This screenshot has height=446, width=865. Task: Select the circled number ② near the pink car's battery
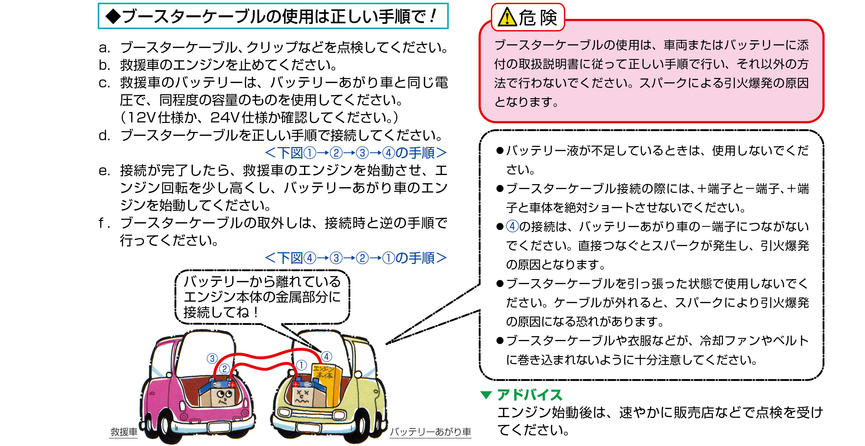coord(225,369)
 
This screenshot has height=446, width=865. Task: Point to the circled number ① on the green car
coord(301,365)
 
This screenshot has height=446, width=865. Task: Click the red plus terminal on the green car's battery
coord(295,384)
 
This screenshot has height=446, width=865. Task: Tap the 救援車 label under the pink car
coord(124,431)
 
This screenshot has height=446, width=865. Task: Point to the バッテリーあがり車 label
coord(431,431)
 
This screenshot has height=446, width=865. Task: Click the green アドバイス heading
coord(530,395)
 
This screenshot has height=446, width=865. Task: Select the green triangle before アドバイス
coord(486,395)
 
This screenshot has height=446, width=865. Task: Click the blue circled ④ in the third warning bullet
coord(512,226)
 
